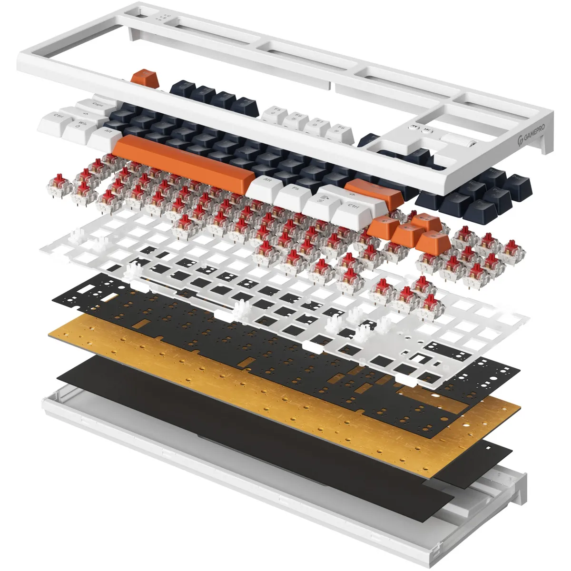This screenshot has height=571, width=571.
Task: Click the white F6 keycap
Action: [x=296, y=118]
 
